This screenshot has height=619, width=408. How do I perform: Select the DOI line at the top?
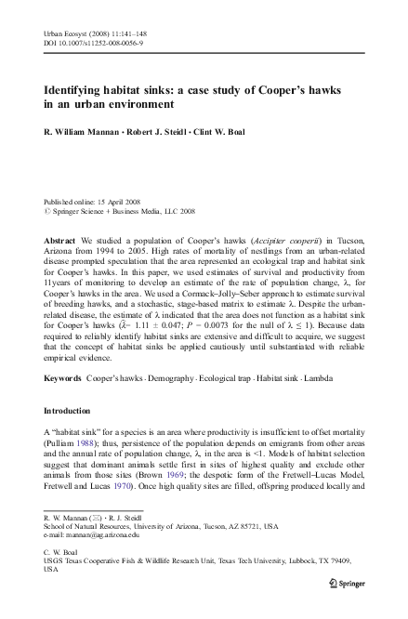(88, 41)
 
